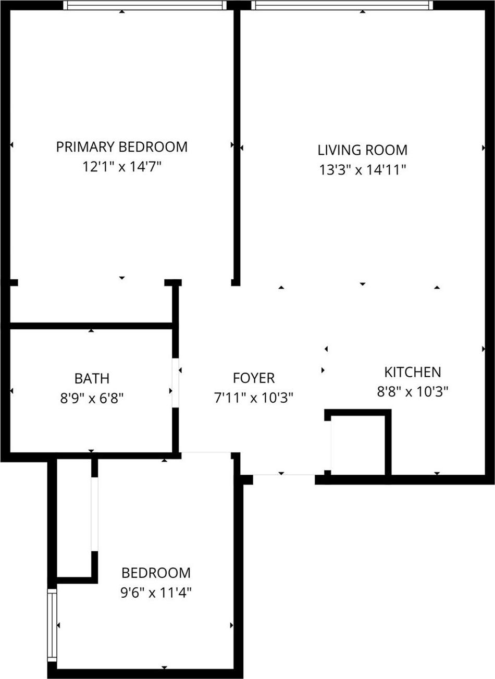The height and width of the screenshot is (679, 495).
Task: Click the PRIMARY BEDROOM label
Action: point(121,146)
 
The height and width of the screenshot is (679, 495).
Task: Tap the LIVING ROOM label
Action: point(362,150)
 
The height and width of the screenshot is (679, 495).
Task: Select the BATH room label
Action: point(92,378)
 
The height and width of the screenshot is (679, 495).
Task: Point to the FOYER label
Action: point(253,378)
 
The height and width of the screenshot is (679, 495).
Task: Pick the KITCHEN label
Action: point(412,372)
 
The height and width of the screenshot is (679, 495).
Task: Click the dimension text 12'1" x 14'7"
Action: point(121,167)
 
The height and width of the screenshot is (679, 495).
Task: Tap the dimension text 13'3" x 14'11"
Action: point(362,170)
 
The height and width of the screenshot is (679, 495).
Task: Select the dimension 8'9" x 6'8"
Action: point(92,399)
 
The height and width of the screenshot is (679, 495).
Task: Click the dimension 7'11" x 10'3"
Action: point(253,398)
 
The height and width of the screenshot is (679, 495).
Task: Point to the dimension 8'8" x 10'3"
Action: point(412,391)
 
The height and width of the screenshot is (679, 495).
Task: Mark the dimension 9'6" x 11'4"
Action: point(156,593)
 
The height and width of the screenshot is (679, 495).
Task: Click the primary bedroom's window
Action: point(145,5)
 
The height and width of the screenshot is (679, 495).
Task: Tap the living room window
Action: point(342,5)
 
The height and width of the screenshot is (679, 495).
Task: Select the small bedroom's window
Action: point(52,625)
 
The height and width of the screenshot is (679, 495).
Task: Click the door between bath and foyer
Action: point(176,382)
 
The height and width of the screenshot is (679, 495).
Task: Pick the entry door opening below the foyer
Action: point(284,475)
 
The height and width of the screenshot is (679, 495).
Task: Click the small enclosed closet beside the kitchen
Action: point(358,445)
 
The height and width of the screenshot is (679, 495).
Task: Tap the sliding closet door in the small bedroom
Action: point(94,513)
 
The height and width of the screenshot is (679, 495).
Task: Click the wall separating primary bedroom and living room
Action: point(236,146)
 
